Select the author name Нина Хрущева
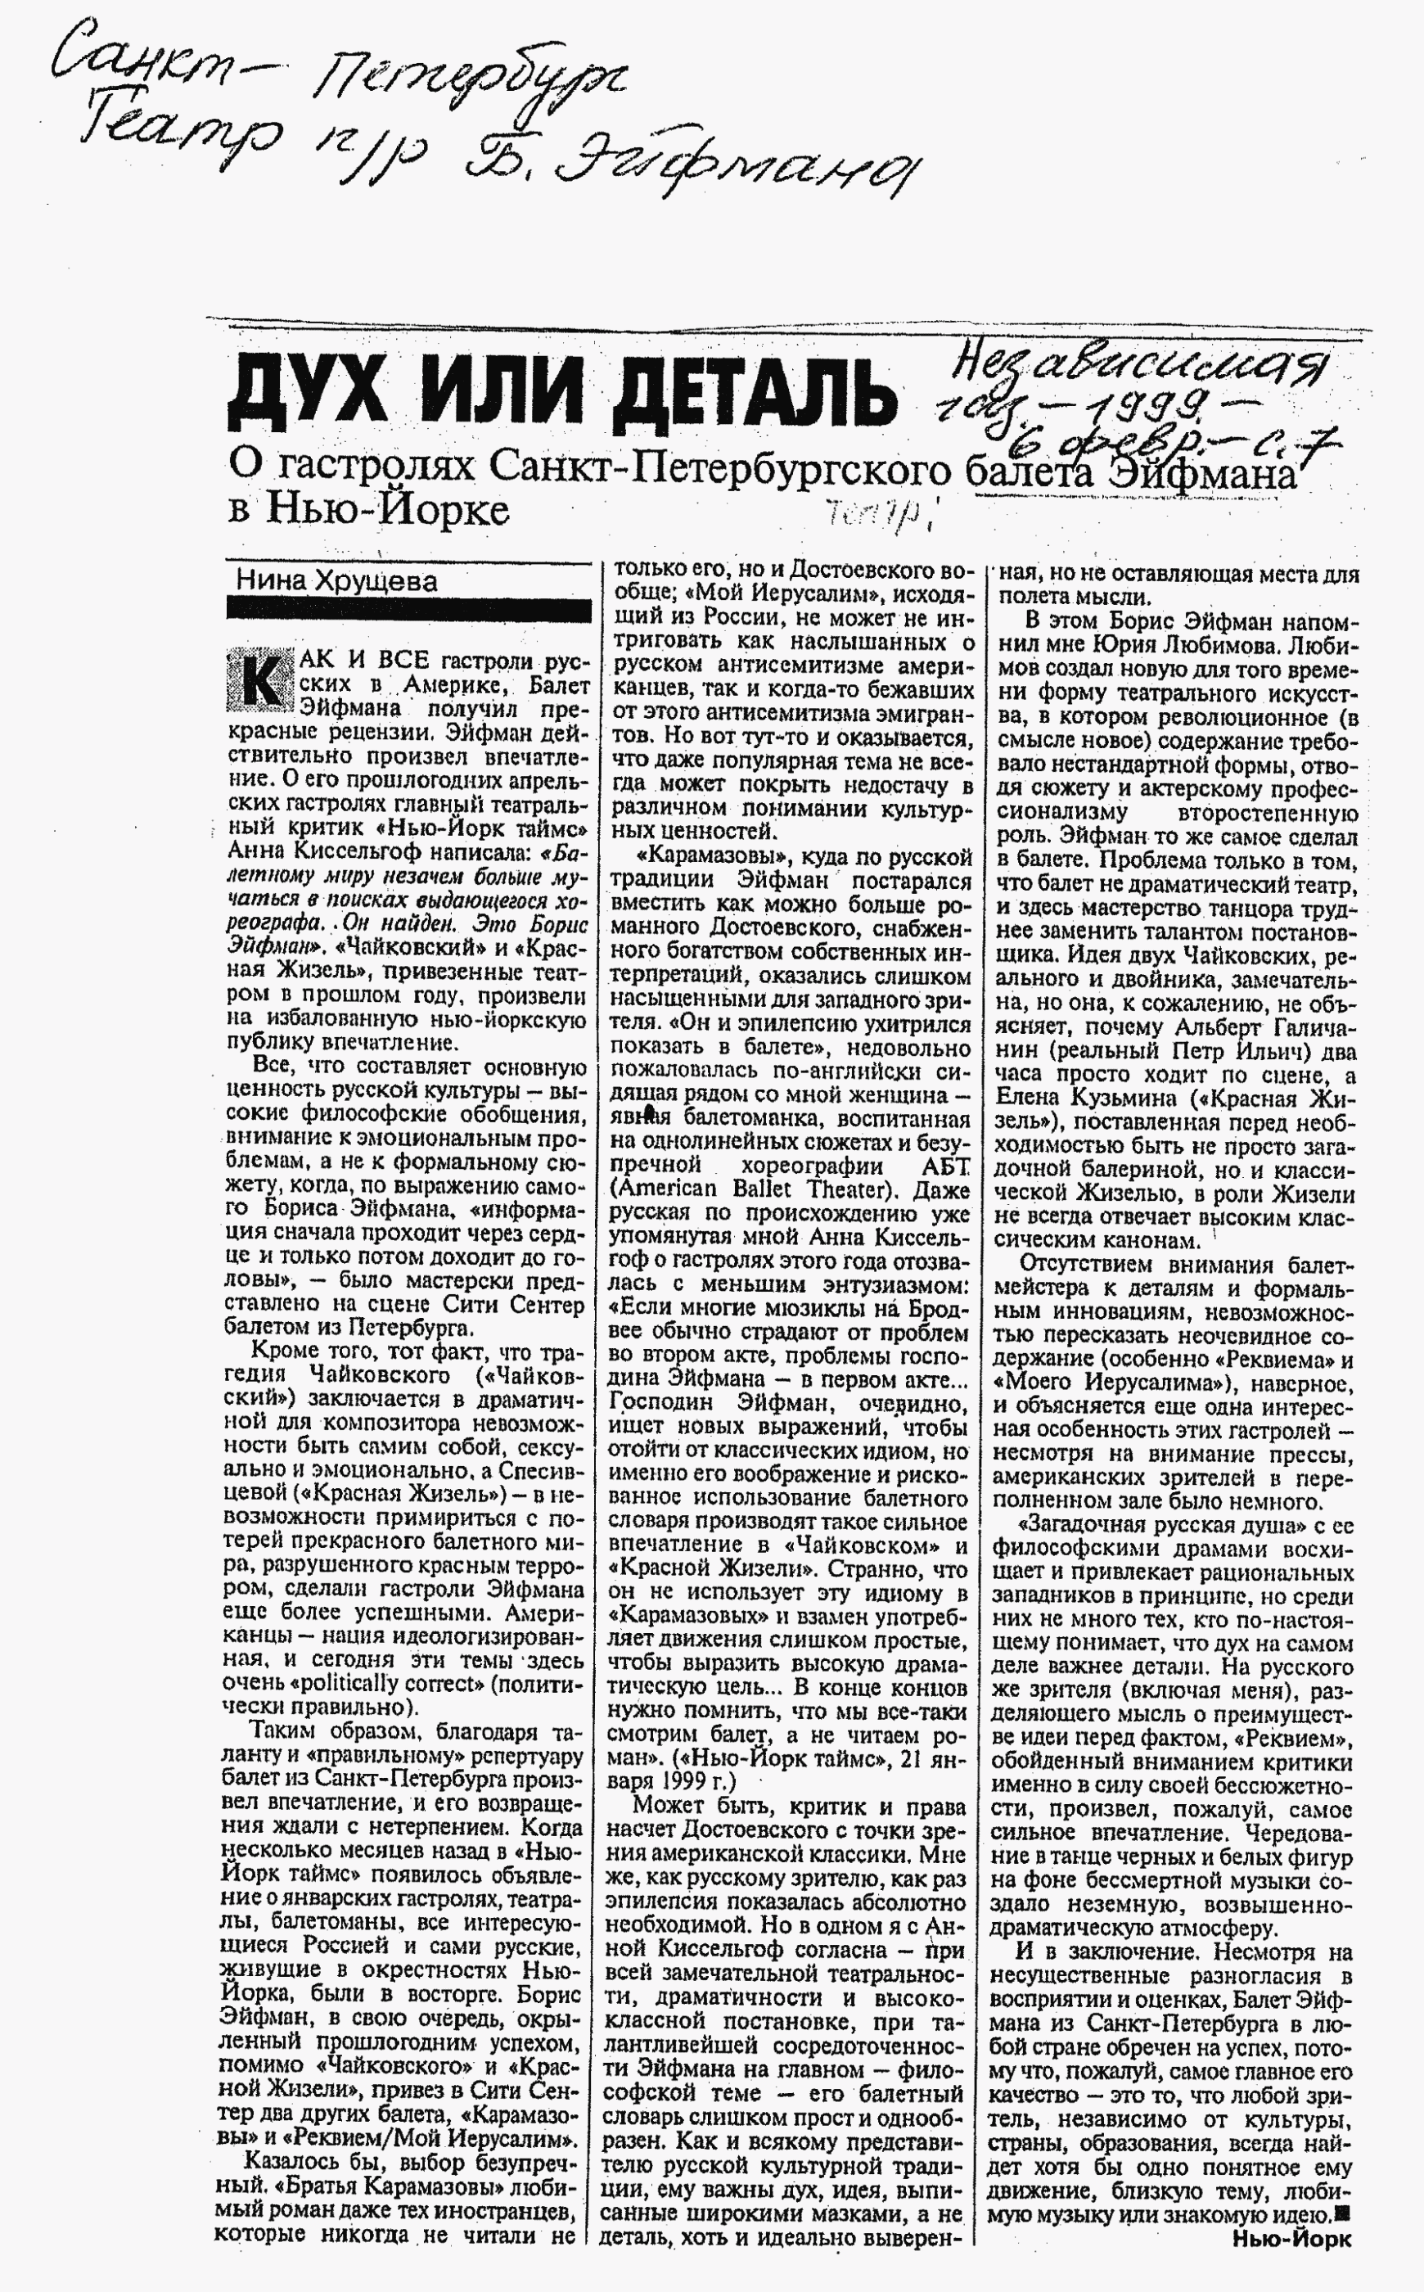[336, 580]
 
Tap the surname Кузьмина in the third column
[1122, 1099]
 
